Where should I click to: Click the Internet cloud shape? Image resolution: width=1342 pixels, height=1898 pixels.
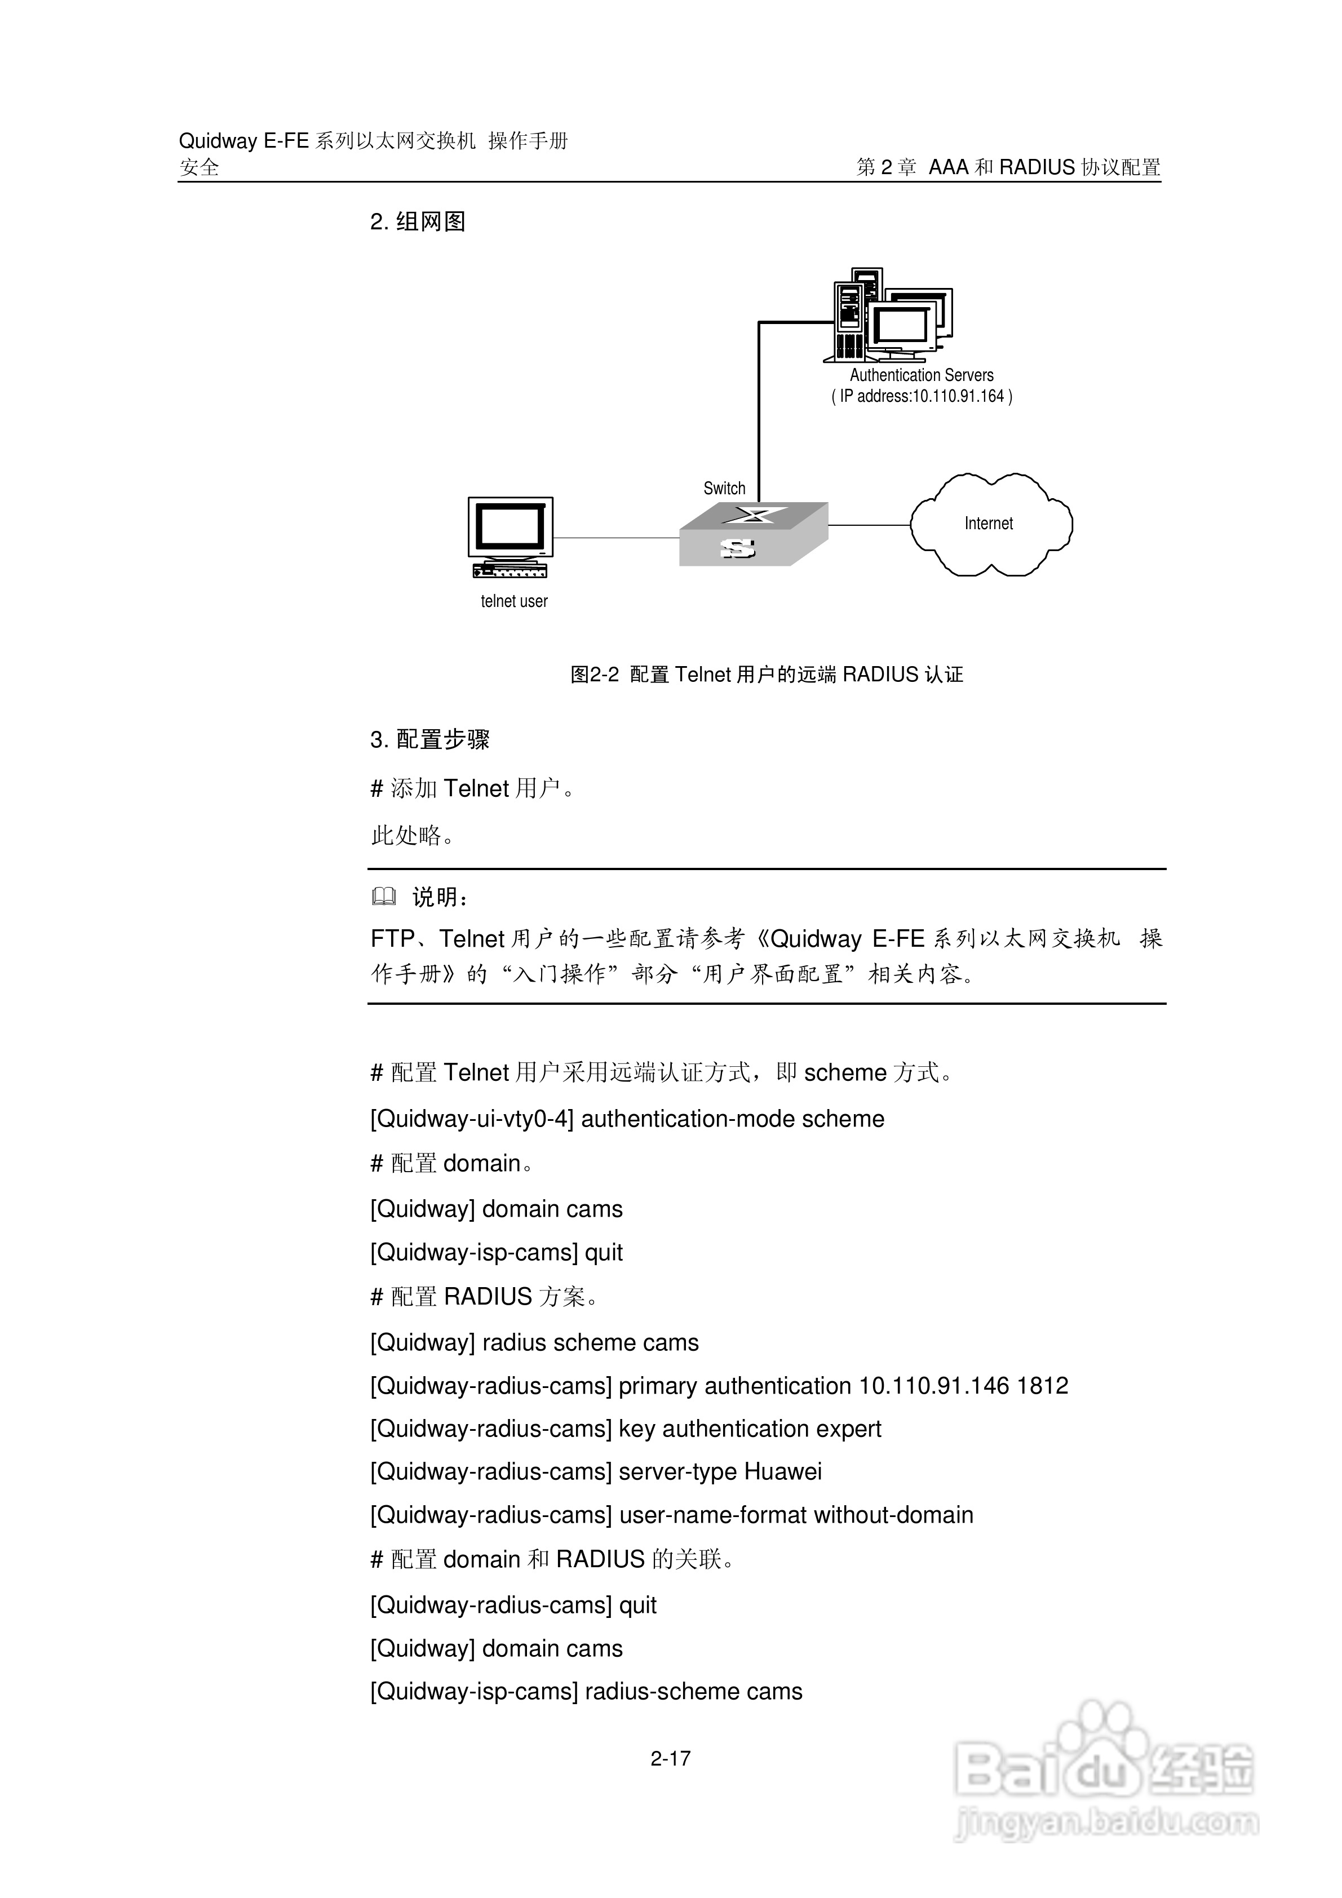pos(991,524)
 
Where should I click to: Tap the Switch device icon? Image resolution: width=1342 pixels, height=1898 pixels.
pos(752,534)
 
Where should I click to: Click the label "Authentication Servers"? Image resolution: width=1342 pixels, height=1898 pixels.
pos(921,375)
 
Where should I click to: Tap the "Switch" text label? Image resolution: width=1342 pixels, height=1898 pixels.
pos(724,489)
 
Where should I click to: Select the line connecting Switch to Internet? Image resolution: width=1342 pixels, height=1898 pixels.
pos(868,525)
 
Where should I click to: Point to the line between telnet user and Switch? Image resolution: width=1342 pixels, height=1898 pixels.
pos(616,538)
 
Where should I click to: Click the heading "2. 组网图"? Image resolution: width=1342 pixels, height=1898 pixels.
pos(418,221)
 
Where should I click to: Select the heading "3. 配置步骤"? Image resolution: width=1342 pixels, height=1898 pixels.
pos(430,739)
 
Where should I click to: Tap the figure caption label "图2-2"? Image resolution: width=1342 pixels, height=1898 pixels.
pos(595,675)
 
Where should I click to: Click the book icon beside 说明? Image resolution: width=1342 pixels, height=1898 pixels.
pos(384,896)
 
